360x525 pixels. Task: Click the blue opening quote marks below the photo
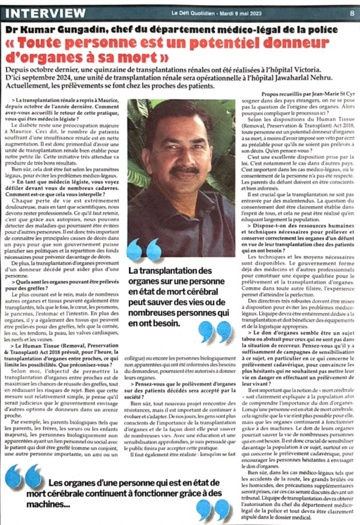pyautogui.click(x=143, y=250)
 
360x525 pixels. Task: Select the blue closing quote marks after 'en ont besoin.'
pyautogui.click(x=215, y=331)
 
